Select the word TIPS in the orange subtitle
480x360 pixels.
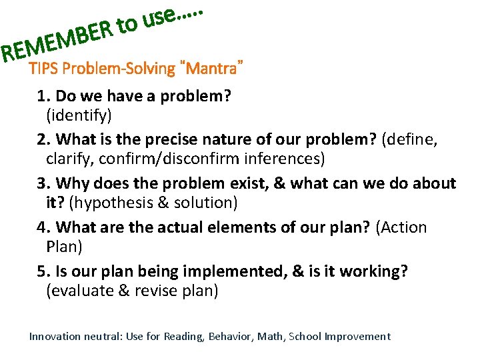pos(43,69)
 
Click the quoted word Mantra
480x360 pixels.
pos(216,69)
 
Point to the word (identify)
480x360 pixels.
pos(79,115)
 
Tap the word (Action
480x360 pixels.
pos(401,227)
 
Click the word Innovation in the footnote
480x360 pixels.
pos(54,337)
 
